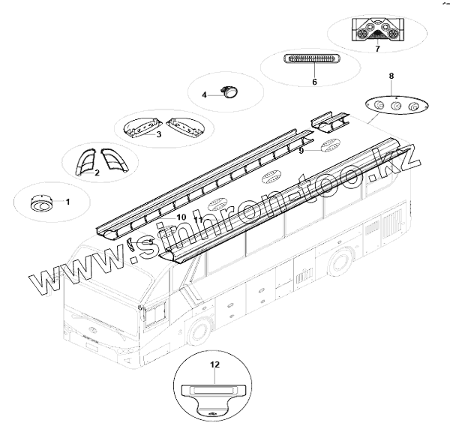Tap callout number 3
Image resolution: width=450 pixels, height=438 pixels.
pos(158,135)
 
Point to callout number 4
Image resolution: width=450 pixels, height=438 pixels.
pos(204,94)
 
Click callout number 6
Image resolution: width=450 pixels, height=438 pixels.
pos(314,81)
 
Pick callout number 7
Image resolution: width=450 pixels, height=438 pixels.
pos(377,49)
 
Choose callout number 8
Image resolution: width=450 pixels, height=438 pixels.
pos(391,76)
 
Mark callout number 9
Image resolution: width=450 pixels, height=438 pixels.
pos(301,151)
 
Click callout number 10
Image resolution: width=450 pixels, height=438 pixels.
pos(181,217)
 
